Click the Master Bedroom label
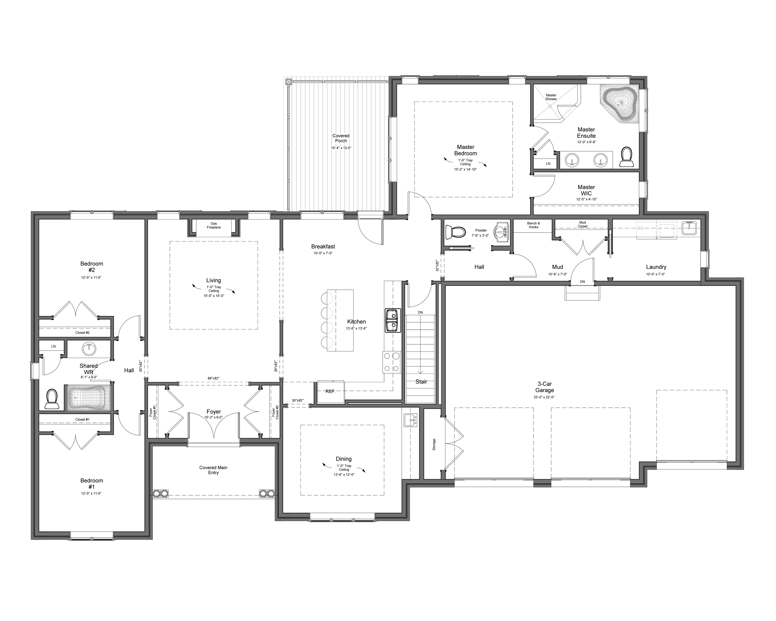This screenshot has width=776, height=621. [465, 150]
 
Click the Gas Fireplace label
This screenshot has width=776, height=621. [214, 225]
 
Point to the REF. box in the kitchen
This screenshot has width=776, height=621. [330, 391]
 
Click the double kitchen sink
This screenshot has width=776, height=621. [393, 320]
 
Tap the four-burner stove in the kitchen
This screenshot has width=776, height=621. [391, 362]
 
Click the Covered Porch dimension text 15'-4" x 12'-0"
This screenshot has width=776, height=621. [341, 148]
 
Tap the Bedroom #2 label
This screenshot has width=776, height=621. [92, 267]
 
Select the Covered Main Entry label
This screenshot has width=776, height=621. [213, 470]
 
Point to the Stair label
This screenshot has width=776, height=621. [421, 382]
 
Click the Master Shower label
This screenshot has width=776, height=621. [551, 97]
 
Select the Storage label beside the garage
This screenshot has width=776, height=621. [434, 444]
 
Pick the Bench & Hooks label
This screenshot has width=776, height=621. [533, 225]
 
